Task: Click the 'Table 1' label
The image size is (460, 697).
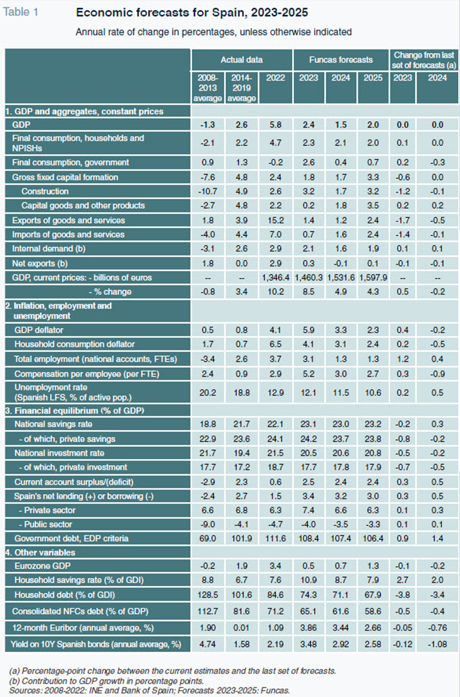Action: (21, 12)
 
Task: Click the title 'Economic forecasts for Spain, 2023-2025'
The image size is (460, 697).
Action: (192, 13)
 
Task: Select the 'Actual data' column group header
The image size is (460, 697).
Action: (242, 60)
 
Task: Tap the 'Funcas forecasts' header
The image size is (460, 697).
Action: (341, 60)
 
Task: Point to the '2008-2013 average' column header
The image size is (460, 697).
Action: (208, 88)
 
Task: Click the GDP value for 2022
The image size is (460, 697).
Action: (275, 125)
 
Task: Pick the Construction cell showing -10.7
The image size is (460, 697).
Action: (208, 191)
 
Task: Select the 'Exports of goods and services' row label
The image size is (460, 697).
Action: (68, 220)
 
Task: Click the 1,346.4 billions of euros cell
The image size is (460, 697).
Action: (276, 278)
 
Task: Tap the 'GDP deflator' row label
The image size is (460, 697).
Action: (39, 330)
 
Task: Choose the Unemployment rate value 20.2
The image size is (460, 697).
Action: (208, 393)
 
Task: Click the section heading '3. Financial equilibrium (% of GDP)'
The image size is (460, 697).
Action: (74, 411)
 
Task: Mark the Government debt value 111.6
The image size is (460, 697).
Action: (275, 538)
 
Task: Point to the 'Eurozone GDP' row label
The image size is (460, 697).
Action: (42, 566)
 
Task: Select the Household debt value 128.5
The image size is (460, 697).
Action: (208, 595)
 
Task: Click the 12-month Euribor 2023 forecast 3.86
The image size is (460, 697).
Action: (308, 628)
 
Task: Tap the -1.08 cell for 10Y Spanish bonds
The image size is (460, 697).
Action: (437, 644)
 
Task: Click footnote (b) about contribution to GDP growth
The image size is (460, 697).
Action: (106, 681)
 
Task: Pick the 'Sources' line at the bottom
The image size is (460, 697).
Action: (150, 690)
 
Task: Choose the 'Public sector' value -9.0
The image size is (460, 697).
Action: (208, 525)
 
